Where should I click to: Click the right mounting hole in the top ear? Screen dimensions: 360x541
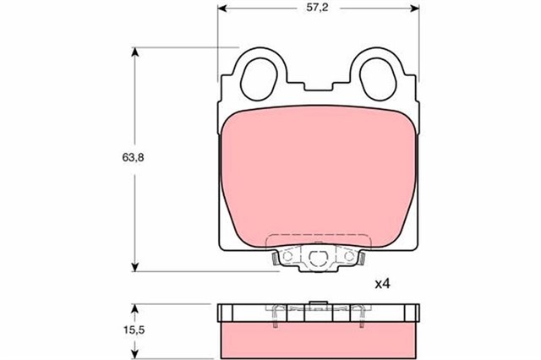click(378, 79)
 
